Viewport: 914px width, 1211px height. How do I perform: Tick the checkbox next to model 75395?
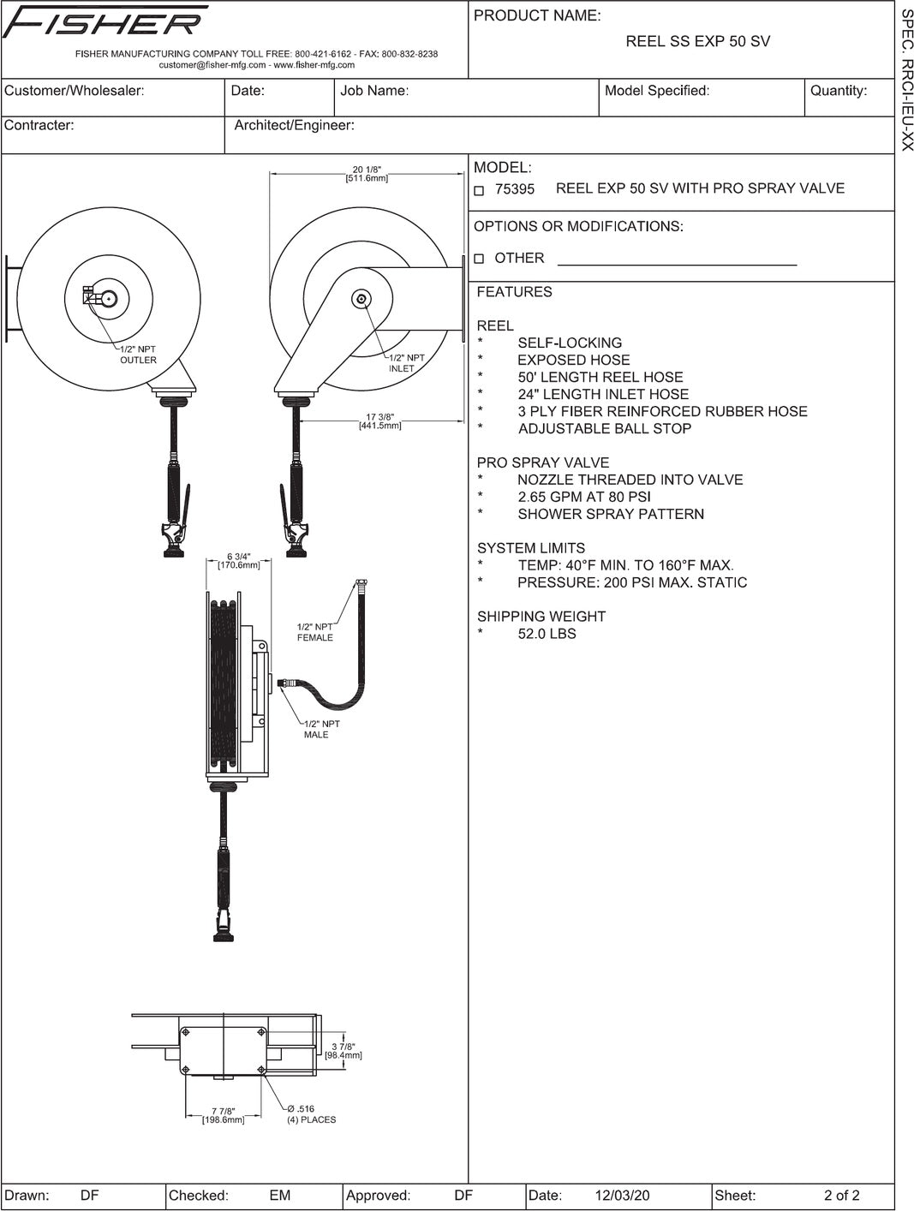(x=479, y=190)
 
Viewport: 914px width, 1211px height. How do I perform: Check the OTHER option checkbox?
(x=479, y=259)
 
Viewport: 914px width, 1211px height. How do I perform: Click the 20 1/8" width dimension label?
(x=367, y=174)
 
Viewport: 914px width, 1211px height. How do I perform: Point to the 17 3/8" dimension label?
(x=379, y=421)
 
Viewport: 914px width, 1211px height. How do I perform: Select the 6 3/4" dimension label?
(x=239, y=560)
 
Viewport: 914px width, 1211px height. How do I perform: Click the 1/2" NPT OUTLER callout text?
(x=138, y=355)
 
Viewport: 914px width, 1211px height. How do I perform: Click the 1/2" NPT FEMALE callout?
(x=314, y=632)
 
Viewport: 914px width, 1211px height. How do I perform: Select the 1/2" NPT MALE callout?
(x=321, y=729)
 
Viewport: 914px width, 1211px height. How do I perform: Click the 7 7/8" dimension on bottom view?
(x=223, y=1114)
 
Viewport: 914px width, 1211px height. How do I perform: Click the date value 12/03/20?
(x=622, y=1196)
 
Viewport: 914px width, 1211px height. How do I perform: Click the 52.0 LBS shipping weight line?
(x=547, y=634)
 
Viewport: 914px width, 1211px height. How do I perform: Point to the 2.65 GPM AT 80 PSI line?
(x=583, y=497)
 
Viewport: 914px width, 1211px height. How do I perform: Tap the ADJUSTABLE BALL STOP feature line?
(x=604, y=428)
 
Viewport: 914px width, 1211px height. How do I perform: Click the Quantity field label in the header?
(x=838, y=91)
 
